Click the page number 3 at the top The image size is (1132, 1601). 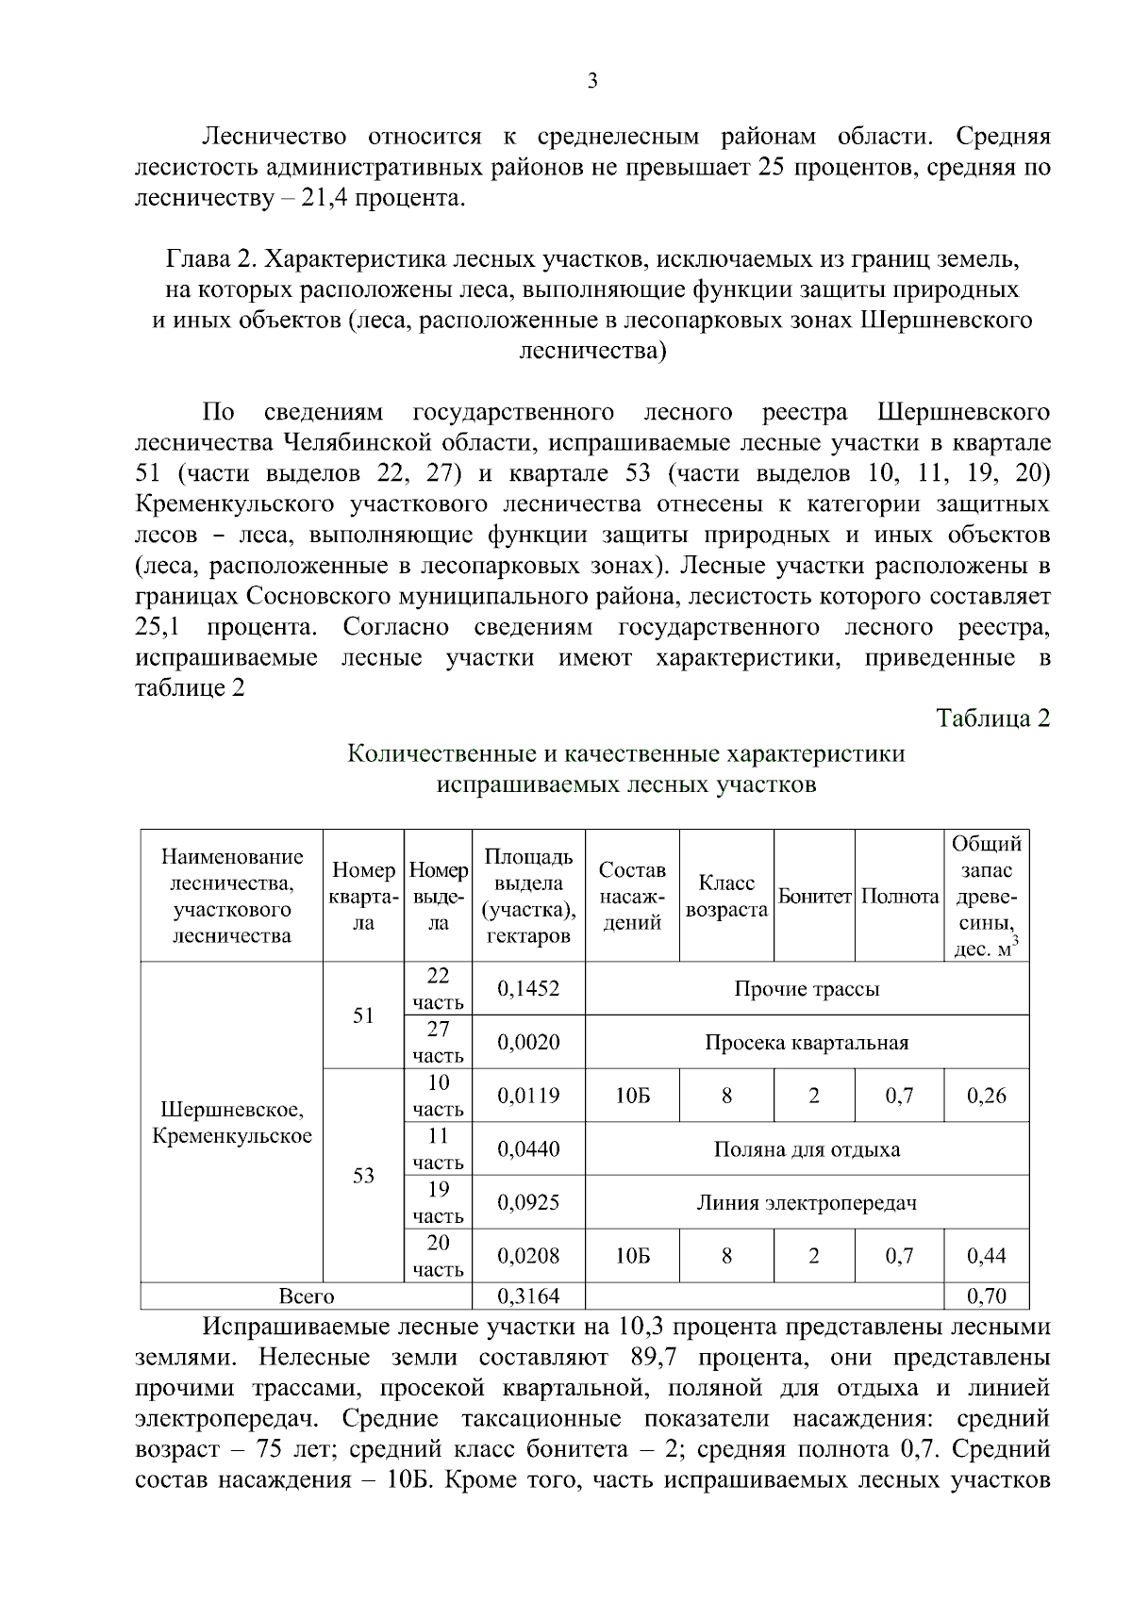(592, 81)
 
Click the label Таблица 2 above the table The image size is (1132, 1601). (993, 718)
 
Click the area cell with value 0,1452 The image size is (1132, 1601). (528, 989)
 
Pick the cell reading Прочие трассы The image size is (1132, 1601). (807, 989)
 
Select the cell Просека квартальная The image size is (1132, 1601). (807, 1043)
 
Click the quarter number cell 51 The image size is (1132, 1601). (363, 1015)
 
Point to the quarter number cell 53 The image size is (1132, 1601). (363, 1176)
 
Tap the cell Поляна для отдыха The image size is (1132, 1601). (807, 1149)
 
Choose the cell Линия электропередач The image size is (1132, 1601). (807, 1203)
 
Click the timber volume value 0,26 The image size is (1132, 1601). (987, 1096)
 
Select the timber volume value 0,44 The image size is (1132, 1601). (987, 1256)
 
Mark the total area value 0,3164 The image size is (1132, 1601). (528, 1296)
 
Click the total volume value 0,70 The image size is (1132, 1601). (987, 1296)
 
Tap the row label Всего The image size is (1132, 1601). (307, 1296)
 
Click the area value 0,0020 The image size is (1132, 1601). (528, 1043)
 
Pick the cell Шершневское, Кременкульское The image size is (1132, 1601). (232, 1123)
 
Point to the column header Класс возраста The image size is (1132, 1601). (726, 897)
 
